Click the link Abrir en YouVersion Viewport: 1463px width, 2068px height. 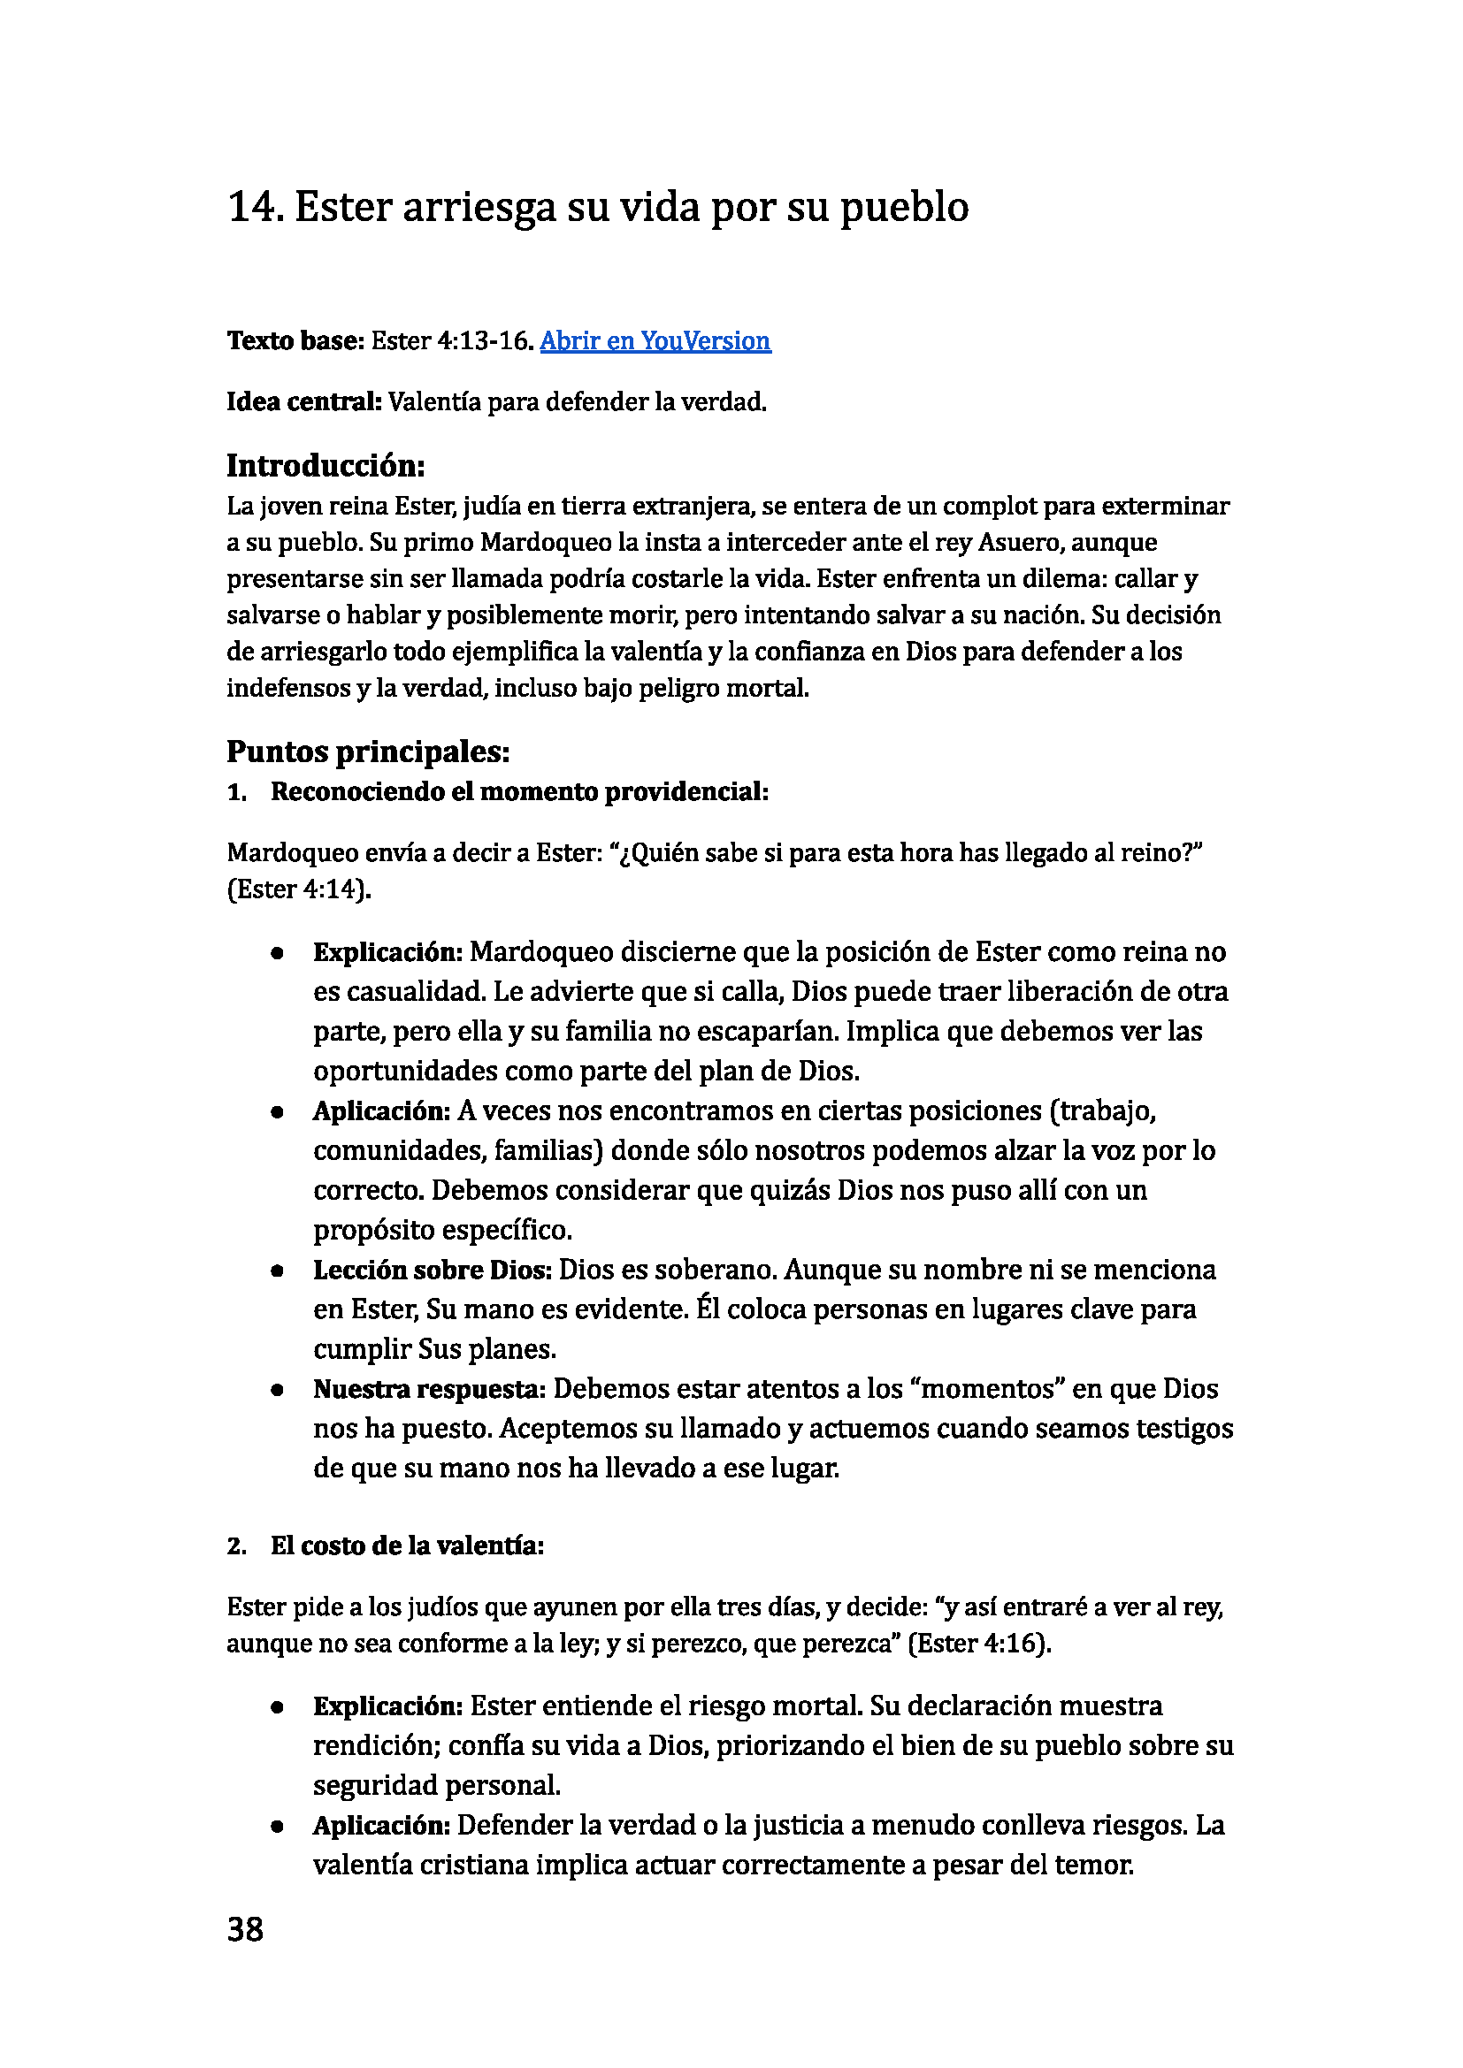[655, 340]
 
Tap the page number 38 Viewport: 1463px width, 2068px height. [245, 1929]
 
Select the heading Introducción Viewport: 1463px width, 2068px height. [326, 466]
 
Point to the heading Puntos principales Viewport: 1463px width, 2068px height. [368, 752]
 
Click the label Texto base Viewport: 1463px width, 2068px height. [295, 340]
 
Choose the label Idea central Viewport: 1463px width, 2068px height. [304, 401]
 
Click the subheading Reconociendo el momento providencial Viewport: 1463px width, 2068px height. [519, 791]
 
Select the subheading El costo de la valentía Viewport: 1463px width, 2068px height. [407, 1545]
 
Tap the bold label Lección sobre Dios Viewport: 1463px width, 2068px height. [433, 1270]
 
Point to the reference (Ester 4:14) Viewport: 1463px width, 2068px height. [299, 890]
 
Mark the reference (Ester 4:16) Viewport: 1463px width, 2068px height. [979, 1644]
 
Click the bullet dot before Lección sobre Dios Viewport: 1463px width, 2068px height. [278, 1271]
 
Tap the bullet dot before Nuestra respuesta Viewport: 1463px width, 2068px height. [278, 1390]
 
